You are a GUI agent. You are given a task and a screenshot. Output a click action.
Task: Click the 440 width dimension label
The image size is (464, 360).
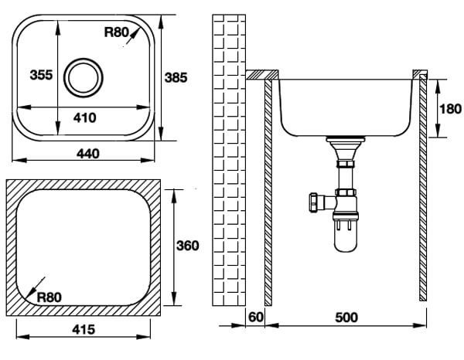click(88, 154)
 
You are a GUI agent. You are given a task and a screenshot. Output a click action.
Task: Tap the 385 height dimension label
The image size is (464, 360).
click(176, 77)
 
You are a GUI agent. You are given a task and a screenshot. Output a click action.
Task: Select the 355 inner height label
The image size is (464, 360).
click(41, 75)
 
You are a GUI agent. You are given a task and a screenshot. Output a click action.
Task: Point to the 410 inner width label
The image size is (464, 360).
click(85, 117)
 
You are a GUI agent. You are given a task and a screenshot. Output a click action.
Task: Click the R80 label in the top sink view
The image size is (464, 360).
click(116, 32)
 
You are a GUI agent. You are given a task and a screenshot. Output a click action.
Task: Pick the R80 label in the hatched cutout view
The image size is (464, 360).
click(49, 297)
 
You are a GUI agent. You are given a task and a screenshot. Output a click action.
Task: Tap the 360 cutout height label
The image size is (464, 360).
click(188, 246)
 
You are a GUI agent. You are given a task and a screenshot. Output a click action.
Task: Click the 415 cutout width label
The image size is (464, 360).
click(84, 329)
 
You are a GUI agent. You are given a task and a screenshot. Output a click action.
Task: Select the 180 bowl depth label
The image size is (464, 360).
click(450, 109)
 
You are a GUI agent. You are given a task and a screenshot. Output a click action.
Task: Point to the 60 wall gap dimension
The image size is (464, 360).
click(255, 318)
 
